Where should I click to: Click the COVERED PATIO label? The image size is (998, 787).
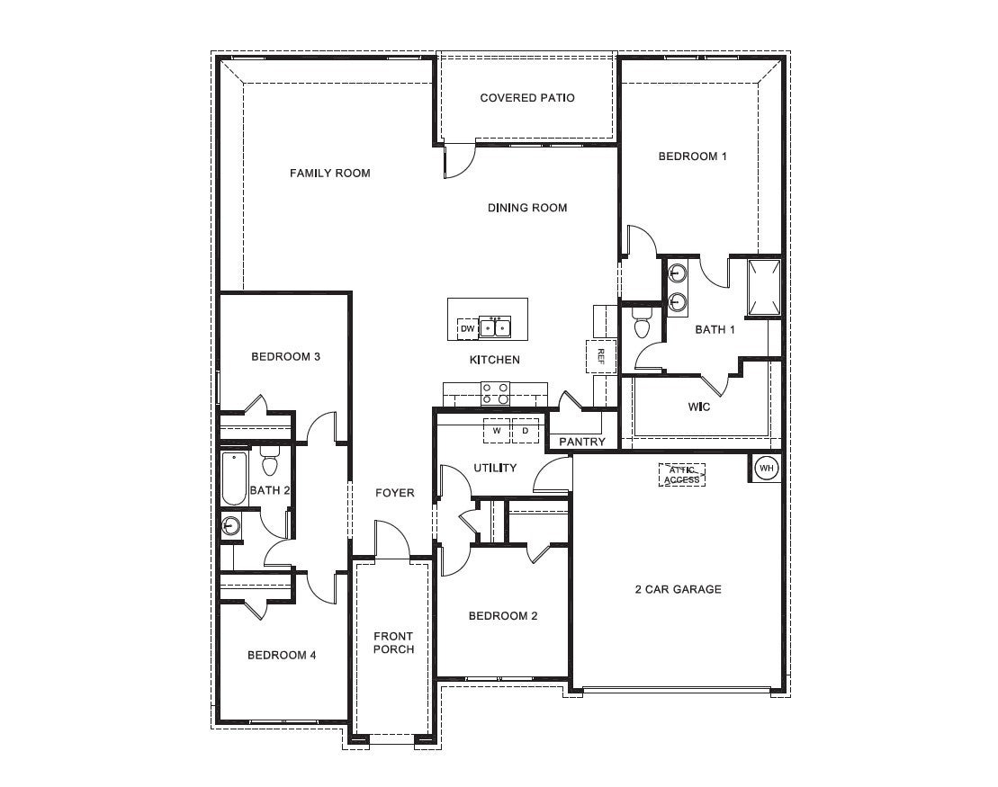tap(526, 97)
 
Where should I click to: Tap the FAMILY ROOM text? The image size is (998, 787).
tap(329, 173)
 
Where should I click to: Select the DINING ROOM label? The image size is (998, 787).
tap(527, 208)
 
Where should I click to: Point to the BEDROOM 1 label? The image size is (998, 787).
tap(692, 157)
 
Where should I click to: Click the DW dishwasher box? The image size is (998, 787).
tap(467, 329)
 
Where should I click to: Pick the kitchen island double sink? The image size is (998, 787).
tap(495, 327)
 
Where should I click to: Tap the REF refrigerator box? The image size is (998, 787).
tap(600, 356)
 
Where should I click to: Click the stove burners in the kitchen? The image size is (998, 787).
tap(495, 393)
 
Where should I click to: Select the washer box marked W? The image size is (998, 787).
tap(496, 431)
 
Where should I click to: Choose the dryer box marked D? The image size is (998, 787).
tap(526, 431)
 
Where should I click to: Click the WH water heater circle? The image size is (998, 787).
tap(766, 468)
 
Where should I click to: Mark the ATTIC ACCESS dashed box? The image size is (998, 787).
tap(681, 475)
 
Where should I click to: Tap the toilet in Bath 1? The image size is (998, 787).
tap(642, 323)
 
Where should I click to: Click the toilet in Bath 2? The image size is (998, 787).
tap(269, 463)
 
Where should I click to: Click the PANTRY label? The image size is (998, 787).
tap(582, 442)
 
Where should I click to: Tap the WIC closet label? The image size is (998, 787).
tap(699, 407)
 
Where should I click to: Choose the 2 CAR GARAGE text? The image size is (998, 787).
tap(678, 590)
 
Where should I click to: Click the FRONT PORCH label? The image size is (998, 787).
tap(393, 643)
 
